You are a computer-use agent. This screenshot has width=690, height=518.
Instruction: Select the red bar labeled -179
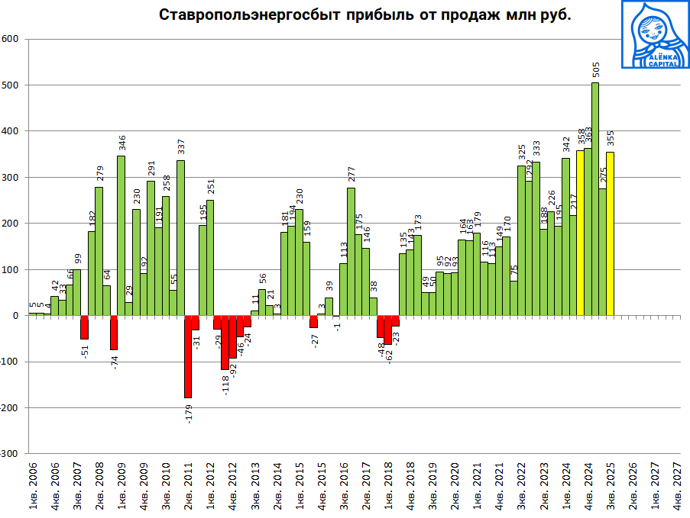(x=188, y=356)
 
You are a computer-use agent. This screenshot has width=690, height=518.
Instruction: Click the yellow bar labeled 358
(x=580, y=233)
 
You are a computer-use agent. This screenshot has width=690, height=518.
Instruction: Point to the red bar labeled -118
(x=225, y=343)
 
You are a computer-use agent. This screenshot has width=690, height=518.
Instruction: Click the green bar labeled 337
(x=180, y=237)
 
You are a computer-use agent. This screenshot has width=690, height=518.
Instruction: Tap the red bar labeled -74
(x=114, y=333)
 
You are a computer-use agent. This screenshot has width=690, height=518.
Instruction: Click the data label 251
(x=210, y=187)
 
